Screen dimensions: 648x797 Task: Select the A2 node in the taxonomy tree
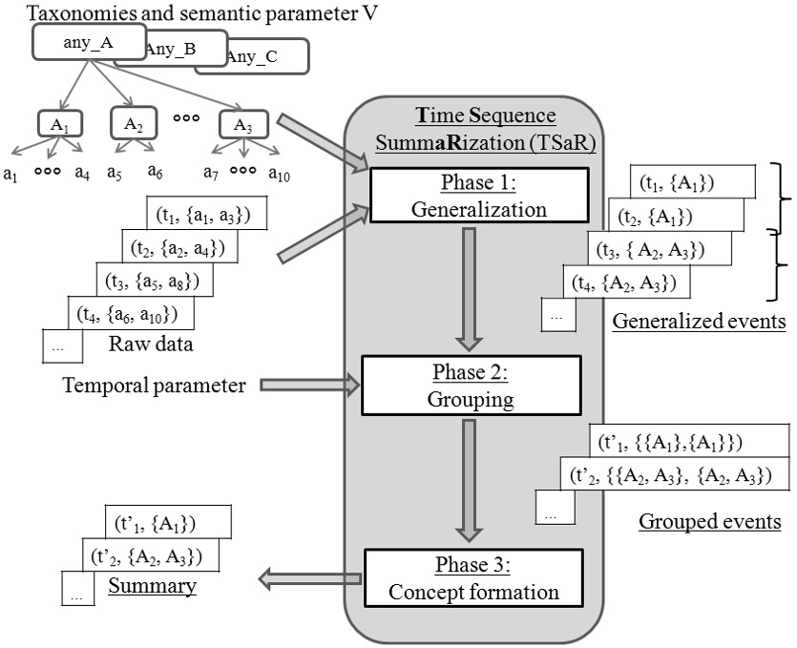134,123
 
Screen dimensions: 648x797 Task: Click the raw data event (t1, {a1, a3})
206,215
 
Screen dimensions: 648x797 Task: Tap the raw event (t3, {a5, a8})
154,280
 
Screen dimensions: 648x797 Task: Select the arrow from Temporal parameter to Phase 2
304,386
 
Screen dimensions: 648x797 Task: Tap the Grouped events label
708,521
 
